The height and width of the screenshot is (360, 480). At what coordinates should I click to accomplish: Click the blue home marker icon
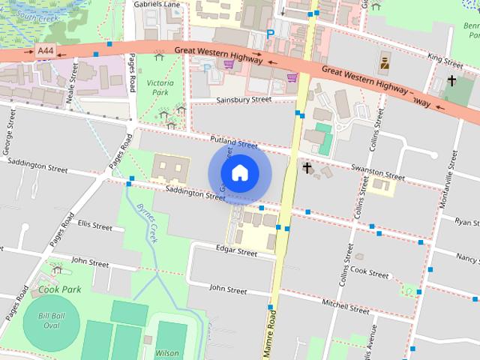(x=239, y=172)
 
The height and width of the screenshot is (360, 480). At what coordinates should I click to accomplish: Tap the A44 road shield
(x=45, y=51)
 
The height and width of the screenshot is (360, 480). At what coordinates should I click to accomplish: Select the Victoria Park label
(x=160, y=87)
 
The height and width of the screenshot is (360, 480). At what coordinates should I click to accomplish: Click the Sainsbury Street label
(x=243, y=99)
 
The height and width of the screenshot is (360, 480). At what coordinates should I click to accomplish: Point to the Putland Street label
(x=233, y=142)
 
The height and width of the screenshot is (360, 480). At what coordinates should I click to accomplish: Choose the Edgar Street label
(x=236, y=253)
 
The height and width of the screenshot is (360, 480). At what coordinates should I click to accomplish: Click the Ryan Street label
(x=466, y=222)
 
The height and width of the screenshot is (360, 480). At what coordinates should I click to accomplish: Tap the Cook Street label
(x=367, y=270)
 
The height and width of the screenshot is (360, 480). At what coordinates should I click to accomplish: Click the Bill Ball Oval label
(x=52, y=321)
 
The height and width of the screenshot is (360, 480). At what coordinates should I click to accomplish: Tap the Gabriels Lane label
(x=157, y=4)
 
